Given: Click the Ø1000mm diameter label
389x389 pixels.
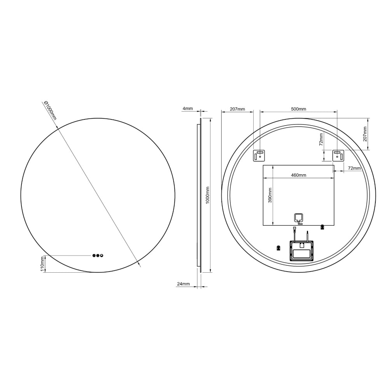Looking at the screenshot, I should pos(50,110).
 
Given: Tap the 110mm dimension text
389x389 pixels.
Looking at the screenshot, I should pos(42,263).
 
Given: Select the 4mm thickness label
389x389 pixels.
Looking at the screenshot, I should pos(187,109).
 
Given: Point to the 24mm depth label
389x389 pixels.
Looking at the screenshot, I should pos(183,284).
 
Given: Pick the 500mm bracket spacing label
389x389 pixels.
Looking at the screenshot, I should pos(298,109).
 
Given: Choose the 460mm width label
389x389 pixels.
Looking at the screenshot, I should pos(298,175).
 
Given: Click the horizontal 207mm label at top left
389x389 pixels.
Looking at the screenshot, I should pos(237,109).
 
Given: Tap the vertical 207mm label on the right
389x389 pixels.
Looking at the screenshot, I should pos(364,133).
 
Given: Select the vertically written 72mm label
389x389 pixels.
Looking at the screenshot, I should pos(321,139).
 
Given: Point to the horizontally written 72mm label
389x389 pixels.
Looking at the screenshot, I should pos(354,168).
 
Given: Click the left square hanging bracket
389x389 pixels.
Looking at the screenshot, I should pos(259,155).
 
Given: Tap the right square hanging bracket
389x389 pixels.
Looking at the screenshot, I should pos(338,155).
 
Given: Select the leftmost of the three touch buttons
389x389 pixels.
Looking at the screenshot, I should pos(94,256).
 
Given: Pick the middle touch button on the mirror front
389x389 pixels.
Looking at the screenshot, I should pos(98,256).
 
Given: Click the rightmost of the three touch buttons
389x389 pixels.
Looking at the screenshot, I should pos(102,256).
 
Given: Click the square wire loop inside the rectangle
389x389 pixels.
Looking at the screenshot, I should pos(298,219).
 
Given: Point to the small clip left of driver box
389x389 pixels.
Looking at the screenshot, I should pos(278,247).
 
